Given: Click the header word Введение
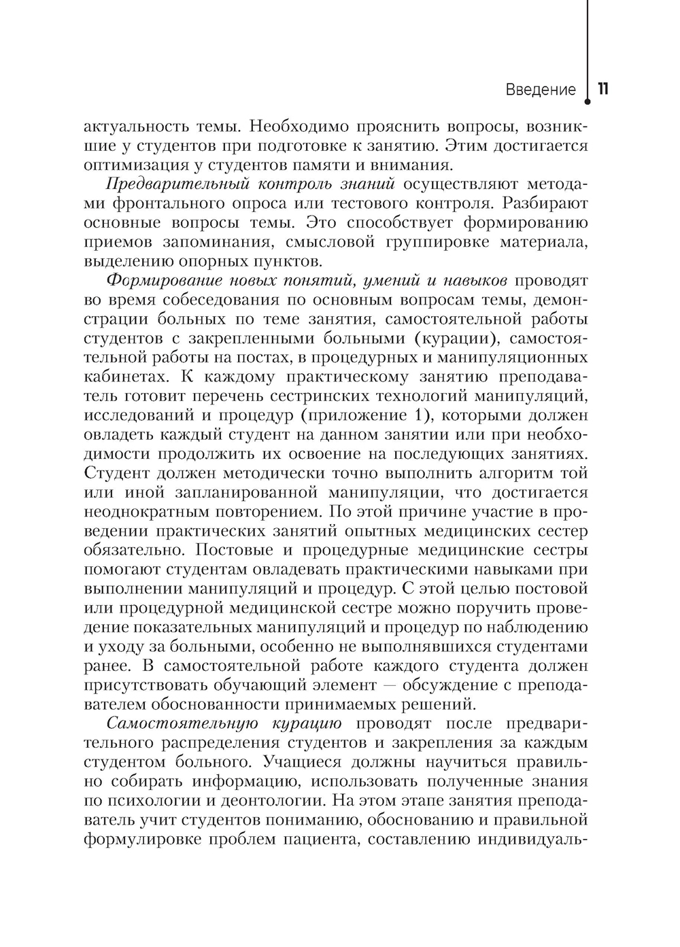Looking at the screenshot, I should click(540, 90).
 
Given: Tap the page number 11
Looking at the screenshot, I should click(602, 89).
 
